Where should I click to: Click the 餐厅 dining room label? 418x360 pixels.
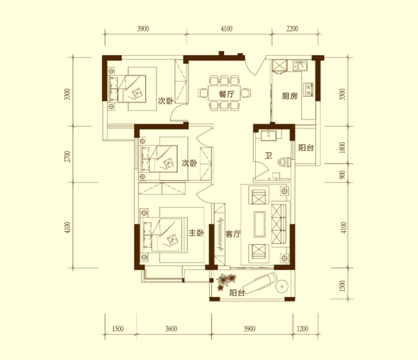tap(226, 94)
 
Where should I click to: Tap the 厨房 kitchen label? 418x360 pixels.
tap(289, 96)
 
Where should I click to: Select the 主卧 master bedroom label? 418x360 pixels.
tap(196, 233)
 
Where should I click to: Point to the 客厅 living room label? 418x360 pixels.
tap(233, 234)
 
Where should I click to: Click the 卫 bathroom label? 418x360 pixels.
tap(268, 155)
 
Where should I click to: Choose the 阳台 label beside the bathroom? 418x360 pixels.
tap(306, 148)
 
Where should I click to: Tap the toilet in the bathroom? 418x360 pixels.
tap(284, 162)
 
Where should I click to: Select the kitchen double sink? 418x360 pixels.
tap(300, 66)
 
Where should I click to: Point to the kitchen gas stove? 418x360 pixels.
tap(309, 89)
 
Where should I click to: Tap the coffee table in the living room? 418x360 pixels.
tap(259, 224)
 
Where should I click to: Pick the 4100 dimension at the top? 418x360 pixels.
tap(226, 28)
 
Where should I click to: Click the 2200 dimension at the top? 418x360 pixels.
tap(292, 28)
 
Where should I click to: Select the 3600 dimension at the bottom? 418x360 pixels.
tap(171, 329)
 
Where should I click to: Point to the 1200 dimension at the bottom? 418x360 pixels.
tap(302, 329)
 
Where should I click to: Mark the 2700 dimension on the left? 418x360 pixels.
tap(68, 157)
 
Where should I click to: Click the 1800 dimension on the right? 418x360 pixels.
tap(342, 148)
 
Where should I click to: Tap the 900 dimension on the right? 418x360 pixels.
tap(342, 175)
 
